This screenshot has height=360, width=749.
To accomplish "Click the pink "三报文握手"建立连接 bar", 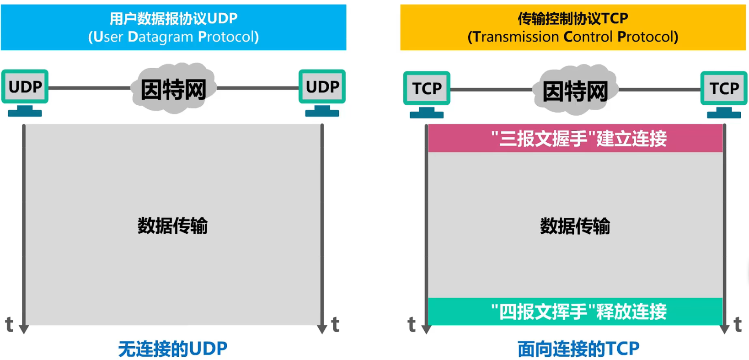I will coord(575,138).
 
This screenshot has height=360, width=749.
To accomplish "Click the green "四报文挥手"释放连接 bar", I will coord(575,312).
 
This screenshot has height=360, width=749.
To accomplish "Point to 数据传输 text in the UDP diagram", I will coord(173,226).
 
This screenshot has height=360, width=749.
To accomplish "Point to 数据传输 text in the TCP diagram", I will coord(575,226).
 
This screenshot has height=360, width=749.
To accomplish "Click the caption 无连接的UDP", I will coord(173,349).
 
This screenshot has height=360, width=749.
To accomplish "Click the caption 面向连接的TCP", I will coord(578,349).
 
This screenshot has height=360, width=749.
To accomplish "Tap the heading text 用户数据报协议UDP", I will coord(173,18).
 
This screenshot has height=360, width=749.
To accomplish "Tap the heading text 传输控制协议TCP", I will coord(572,18).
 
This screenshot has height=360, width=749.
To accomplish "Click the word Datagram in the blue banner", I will coord(160,37).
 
